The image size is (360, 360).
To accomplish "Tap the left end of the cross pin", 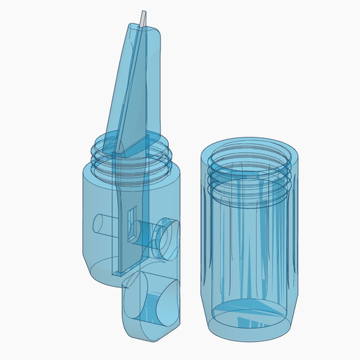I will pyautogui.click(x=100, y=227).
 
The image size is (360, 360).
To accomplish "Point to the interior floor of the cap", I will pyautogui.click(x=248, y=314).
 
